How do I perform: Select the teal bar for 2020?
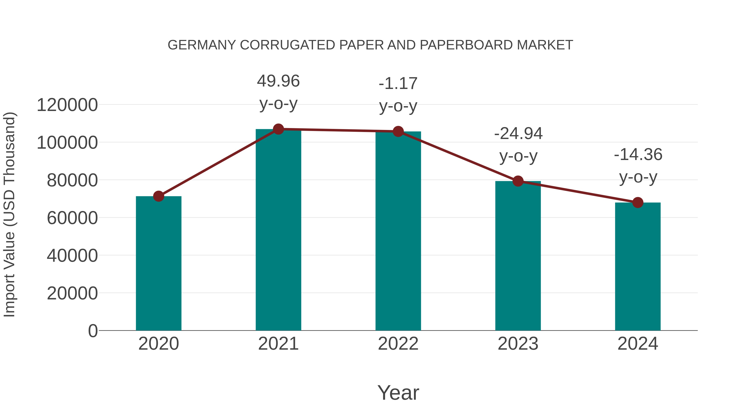point(158,263)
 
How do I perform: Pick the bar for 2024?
point(638,266)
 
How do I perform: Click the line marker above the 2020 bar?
point(158,196)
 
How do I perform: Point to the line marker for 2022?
point(398,132)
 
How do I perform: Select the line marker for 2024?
point(638,203)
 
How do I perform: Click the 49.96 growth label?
point(278,81)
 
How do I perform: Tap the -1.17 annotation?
point(398,84)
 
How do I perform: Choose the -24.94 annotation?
point(518,134)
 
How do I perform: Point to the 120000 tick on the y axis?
point(67,105)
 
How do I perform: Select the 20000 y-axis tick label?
point(72,293)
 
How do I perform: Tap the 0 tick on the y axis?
point(93,331)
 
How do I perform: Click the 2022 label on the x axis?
point(398,344)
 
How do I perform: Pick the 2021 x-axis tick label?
point(278,344)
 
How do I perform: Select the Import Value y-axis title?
point(9,214)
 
